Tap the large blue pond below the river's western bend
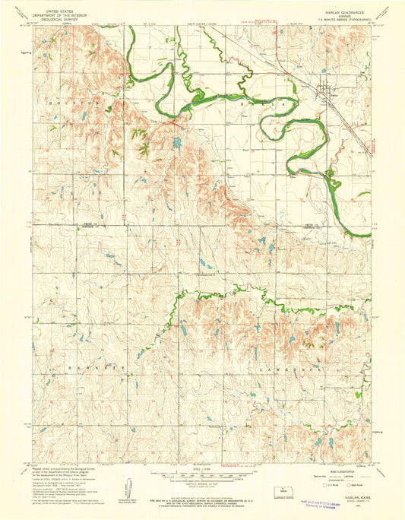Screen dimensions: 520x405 [x=176, y=141]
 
